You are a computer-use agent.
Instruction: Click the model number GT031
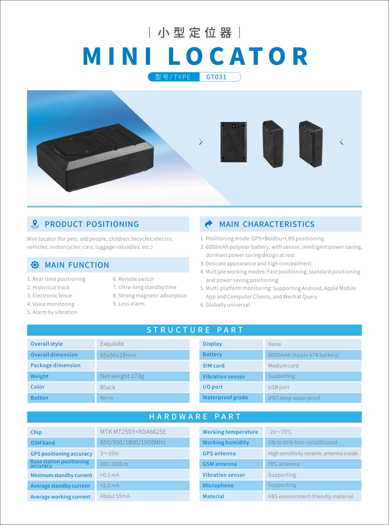[216, 77]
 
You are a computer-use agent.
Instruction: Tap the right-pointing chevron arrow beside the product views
[200, 142]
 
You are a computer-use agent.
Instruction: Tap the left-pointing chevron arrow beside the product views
[342, 142]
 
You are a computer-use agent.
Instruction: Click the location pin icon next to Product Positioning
[35, 224]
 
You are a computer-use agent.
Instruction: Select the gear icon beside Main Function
[35, 265]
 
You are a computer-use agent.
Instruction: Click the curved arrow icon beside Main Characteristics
[209, 224]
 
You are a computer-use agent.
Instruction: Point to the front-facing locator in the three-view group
[234, 142]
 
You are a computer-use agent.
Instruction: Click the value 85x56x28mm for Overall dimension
[118, 355]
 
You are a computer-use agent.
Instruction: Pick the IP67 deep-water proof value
[294, 398]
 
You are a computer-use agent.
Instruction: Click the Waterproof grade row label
[225, 397]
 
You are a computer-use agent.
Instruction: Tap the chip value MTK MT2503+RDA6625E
[133, 432]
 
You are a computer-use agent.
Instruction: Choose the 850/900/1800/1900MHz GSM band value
[133, 443]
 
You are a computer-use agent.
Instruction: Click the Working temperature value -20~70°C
[280, 432]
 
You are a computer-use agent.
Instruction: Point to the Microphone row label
[218, 486]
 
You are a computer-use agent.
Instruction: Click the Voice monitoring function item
[51, 304]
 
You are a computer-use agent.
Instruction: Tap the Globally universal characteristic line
[225, 305]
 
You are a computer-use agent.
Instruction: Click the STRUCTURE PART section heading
[195, 330]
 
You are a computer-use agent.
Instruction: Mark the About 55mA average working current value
[115, 496]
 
